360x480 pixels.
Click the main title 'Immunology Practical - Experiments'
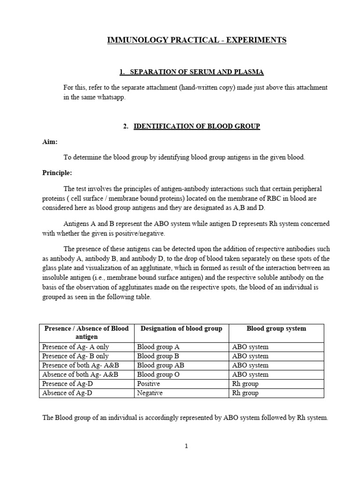(x=197, y=41)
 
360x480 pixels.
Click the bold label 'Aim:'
(x=50, y=142)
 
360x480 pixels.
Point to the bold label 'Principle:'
(x=57, y=172)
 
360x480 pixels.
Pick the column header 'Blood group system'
(x=276, y=329)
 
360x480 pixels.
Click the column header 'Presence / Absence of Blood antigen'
(x=86, y=332)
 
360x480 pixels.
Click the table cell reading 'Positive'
(x=149, y=384)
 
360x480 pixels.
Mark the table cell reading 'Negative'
(x=150, y=393)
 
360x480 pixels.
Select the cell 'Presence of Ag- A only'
(x=75, y=347)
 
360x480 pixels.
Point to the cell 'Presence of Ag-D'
(x=67, y=384)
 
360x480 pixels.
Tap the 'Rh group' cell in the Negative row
(x=245, y=393)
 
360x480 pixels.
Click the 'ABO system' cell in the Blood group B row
(x=250, y=356)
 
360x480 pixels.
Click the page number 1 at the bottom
(x=187, y=447)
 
